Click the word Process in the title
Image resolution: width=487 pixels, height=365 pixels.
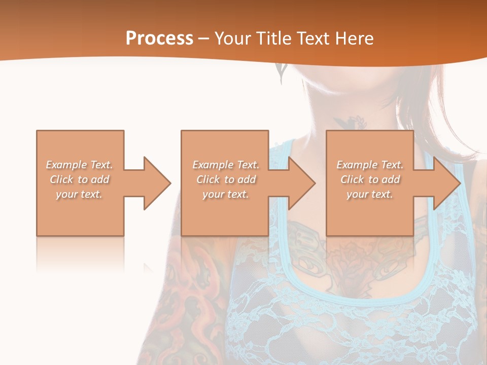point(159,39)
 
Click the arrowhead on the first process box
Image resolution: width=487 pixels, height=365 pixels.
point(157,183)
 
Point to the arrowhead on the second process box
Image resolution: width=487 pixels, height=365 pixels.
point(302,183)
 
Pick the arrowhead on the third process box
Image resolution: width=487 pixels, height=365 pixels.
point(447,183)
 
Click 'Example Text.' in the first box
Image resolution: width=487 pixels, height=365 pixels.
point(80,165)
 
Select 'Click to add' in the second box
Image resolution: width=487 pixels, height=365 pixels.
point(226,179)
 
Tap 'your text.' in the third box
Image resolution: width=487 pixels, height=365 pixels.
point(370,194)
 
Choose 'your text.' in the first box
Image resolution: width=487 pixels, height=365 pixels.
point(80,194)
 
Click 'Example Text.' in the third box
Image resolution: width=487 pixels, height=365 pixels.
point(370,165)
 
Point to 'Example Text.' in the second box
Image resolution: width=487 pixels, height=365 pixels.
point(226,165)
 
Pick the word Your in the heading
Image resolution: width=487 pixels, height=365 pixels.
point(232,39)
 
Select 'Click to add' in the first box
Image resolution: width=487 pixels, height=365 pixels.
point(80,179)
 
